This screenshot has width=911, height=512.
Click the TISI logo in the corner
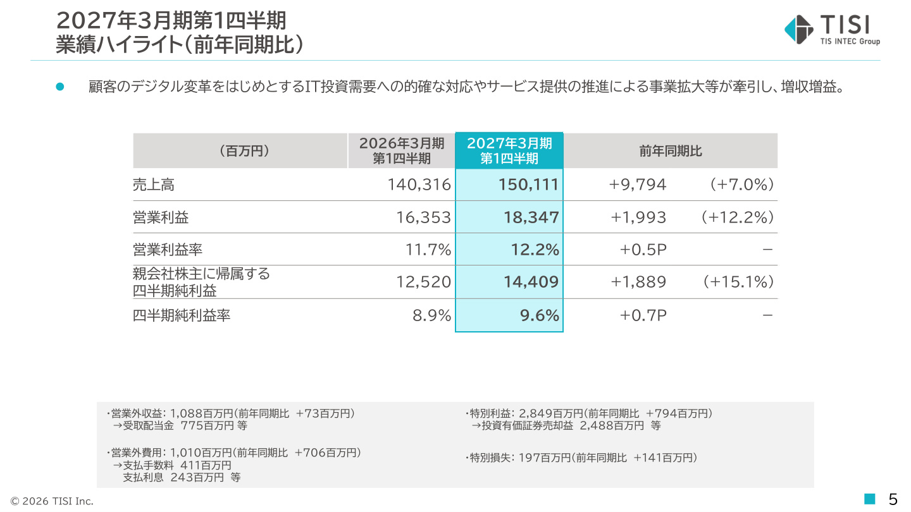(832, 30)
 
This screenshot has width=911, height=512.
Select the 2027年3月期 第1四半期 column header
(509, 150)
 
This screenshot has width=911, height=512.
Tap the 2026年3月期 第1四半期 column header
(401, 150)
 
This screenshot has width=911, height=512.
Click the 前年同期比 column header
(670, 150)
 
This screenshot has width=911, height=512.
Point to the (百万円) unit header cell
(244, 150)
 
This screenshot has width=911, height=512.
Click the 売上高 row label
(154, 185)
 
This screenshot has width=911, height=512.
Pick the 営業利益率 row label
(168, 249)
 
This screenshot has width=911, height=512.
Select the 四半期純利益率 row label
(182, 315)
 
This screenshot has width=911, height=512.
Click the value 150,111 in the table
(528, 185)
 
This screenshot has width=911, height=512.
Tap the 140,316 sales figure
(419, 185)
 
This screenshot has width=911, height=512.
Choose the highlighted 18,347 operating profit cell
(531, 217)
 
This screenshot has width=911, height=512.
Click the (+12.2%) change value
(738, 217)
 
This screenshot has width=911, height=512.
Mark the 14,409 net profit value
(531, 282)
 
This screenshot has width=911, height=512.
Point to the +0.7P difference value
(643, 315)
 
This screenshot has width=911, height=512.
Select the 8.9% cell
(432, 315)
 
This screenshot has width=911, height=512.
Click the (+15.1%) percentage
(738, 282)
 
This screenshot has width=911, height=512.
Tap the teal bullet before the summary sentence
(59, 87)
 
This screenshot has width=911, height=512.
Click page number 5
(893, 499)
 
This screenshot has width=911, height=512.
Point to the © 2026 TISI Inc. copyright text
(52, 501)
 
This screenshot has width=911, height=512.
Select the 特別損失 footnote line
(581, 458)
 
